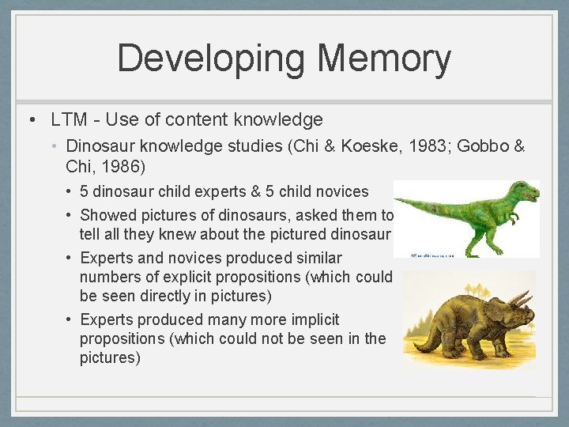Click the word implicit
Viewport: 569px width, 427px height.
coord(311,319)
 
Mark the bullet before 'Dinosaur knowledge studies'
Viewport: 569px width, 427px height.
coord(55,146)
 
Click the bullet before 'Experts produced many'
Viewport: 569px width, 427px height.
coord(70,319)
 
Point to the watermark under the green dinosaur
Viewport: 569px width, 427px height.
coord(432,255)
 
